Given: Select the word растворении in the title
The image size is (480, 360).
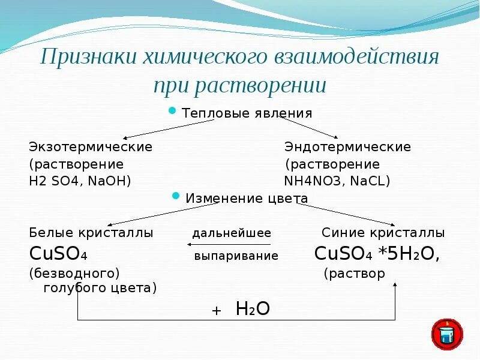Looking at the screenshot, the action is tap(260, 85).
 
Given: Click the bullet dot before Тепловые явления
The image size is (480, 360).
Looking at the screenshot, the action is tap(172, 111).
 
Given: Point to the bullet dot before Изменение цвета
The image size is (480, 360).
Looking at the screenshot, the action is tap(176, 196).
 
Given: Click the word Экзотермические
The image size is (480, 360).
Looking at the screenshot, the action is tap(91, 147).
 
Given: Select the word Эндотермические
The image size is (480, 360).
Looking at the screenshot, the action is tap(347, 147).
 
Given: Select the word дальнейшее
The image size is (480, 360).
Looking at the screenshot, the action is tap(232, 233).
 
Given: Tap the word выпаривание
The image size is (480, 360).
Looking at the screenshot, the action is tap(236, 256).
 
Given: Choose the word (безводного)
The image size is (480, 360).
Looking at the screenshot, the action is tap(74, 273).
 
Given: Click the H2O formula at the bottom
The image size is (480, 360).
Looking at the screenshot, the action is tap(253, 309).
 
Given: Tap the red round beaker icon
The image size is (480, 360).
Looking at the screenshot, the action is tap(446, 334).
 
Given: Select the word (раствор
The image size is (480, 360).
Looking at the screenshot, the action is tap(354, 274).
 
